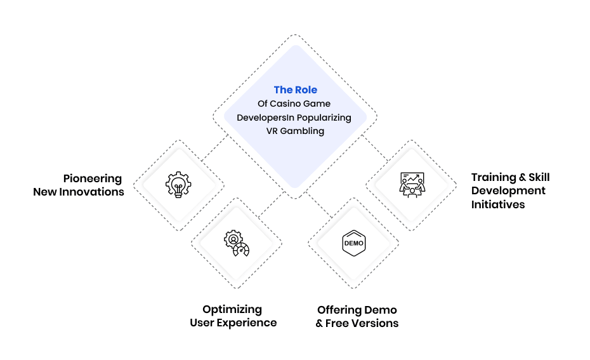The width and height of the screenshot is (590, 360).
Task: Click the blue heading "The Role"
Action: pyautogui.click(x=296, y=90)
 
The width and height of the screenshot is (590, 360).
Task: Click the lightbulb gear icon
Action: pyautogui.click(x=178, y=185)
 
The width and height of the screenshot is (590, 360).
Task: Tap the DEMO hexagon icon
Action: pyautogui.click(x=354, y=243)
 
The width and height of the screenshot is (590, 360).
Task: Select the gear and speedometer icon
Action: pyautogui.click(x=236, y=243)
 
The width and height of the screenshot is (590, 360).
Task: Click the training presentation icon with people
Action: pyautogui.click(x=412, y=185)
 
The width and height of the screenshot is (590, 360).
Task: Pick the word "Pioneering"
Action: pyautogui.click(x=93, y=178)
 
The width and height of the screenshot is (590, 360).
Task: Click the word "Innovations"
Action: pyautogui.click(x=91, y=192)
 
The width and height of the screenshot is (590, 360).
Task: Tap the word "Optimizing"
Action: pyautogui.click(x=232, y=310)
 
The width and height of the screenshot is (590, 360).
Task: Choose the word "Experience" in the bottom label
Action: pyautogui.click(x=247, y=323)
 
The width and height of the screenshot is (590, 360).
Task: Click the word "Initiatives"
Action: pyautogui.click(x=498, y=204)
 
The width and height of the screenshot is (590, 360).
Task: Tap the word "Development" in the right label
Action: pyautogui.click(x=508, y=191)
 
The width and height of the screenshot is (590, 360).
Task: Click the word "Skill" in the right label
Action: pyautogui.click(x=539, y=177)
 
